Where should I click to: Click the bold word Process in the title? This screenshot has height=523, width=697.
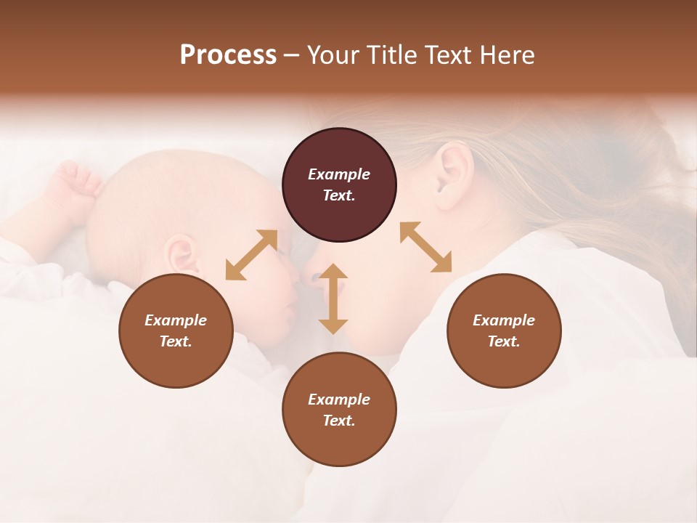click(x=228, y=55)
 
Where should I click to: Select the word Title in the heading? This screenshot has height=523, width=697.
click(x=388, y=55)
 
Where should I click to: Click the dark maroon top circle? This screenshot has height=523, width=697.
click(x=339, y=185)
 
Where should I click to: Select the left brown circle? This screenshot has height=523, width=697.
click(x=176, y=331)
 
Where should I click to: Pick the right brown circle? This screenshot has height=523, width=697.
click(x=504, y=331)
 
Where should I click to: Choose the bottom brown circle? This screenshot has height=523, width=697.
click(x=339, y=410)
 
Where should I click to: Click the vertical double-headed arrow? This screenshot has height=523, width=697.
click(x=333, y=299)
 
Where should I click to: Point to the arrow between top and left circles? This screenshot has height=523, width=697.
click(x=251, y=254)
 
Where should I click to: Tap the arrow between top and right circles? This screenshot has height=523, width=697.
click(x=425, y=247)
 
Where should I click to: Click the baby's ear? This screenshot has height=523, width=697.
click(x=179, y=254)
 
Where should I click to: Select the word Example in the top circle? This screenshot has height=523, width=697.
click(x=339, y=174)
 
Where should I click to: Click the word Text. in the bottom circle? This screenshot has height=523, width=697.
click(x=339, y=421)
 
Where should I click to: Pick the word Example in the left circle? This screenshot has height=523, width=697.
click(x=176, y=320)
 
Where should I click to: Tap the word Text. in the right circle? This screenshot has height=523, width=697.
click(x=504, y=341)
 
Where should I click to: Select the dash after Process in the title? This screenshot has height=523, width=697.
click(x=291, y=55)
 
